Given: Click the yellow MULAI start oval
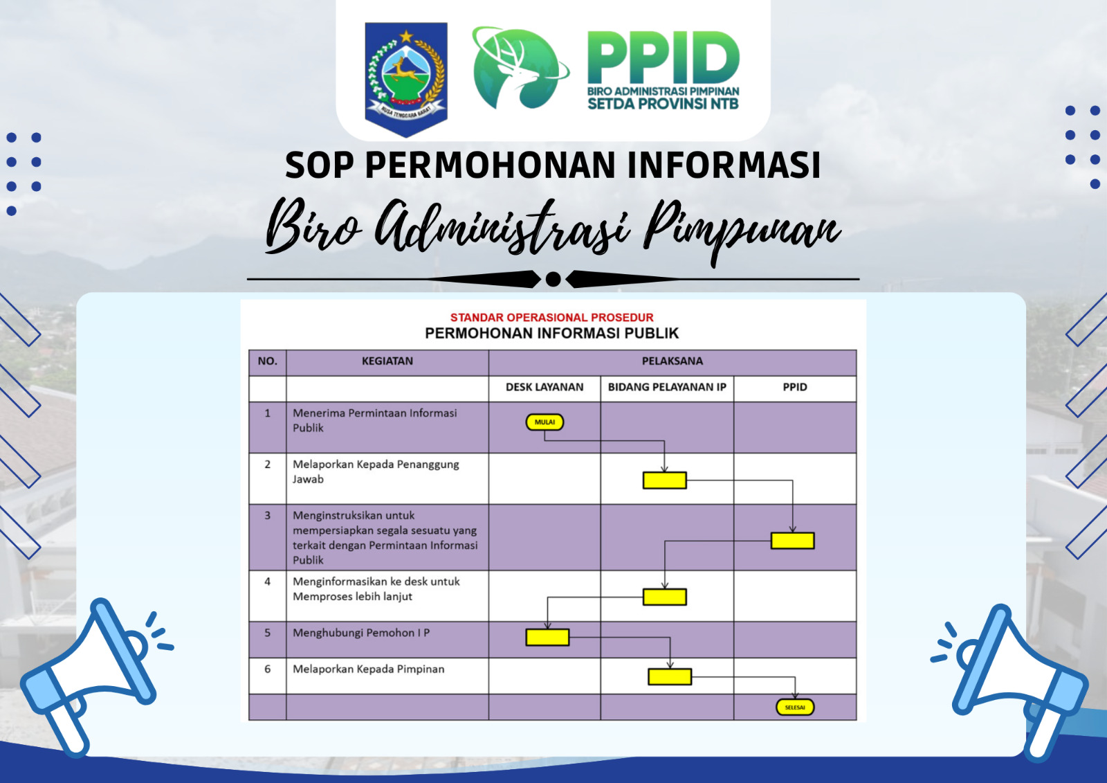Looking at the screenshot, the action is tap(545, 422).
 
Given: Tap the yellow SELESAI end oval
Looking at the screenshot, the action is tap(795, 708).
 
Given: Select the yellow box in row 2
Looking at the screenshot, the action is tap(665, 480).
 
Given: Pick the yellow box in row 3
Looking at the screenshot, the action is tap(793, 541).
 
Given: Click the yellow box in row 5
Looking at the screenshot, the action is tap(547, 637).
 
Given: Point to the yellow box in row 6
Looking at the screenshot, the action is tap(670, 676).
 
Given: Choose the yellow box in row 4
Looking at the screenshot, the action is tap(665, 597).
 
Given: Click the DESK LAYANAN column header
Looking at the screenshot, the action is tap(545, 387).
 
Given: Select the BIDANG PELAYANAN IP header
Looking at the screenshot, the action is tap(667, 387).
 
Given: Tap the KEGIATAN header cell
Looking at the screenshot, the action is tap(387, 361).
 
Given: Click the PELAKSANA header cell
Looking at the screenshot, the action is tap(673, 361).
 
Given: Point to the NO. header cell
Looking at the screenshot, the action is tap(267, 361).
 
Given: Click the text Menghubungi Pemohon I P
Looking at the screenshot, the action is tap(361, 633).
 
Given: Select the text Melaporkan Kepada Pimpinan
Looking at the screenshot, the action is tap(369, 669).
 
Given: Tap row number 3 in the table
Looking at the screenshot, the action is tap(267, 515).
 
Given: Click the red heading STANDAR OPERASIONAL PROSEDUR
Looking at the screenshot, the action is tap(552, 318).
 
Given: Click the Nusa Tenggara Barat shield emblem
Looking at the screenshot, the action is tap(406, 79).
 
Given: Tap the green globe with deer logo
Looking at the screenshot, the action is tap(520, 68).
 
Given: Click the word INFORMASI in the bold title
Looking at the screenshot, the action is tap(724, 165).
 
